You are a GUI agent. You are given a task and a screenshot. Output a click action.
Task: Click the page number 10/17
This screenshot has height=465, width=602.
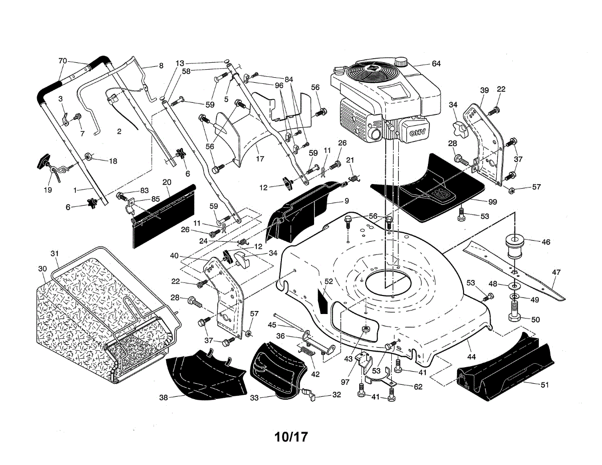tap(290, 436)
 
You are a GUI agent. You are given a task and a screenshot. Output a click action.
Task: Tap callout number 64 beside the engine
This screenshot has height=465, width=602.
tap(435, 64)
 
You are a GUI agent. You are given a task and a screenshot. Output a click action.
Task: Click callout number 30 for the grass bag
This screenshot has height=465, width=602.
tap(42, 268)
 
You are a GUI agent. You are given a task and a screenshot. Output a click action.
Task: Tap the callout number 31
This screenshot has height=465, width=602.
tap(55, 253)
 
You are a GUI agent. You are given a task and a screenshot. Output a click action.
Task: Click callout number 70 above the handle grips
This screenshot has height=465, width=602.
tap(63, 61)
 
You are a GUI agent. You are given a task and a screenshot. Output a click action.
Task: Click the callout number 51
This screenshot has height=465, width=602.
tap(544, 385)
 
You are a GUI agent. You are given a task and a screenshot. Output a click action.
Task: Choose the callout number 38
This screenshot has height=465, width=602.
tap(163, 397)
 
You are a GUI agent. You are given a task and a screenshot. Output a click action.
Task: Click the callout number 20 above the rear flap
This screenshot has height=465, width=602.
tap(167, 182)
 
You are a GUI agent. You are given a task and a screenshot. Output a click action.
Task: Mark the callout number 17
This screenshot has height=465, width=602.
tap(259, 160)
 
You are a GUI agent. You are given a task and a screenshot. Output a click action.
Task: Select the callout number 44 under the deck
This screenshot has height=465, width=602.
tap(471, 357)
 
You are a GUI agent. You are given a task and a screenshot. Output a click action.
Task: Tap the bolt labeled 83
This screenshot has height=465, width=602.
tap(121, 196)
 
